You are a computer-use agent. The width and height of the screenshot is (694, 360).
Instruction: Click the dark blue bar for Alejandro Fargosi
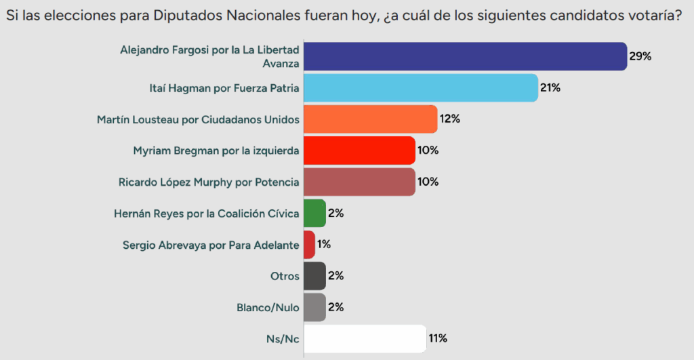[x=464, y=56]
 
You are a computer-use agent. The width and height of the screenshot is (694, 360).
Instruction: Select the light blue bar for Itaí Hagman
[x=420, y=87]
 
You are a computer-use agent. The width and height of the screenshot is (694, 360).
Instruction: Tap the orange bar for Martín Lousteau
[x=369, y=119]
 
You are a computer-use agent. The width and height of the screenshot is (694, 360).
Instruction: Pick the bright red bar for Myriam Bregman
[x=359, y=151]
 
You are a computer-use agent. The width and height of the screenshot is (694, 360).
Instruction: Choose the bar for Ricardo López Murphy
[x=359, y=182]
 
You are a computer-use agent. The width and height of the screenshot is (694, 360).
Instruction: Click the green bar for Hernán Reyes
[x=314, y=213]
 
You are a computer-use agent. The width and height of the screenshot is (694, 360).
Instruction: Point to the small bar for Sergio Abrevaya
[x=309, y=245]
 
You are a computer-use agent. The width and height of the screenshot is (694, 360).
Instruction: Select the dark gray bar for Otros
[x=314, y=276]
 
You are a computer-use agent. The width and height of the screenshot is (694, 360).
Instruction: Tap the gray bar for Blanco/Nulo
[x=314, y=307]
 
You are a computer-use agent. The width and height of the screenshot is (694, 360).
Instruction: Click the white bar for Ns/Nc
[x=365, y=338]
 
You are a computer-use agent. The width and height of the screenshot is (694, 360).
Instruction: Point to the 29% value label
[x=640, y=56]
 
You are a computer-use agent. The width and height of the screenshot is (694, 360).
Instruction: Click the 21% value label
[x=550, y=87]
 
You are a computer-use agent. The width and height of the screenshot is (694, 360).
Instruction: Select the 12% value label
[x=449, y=119]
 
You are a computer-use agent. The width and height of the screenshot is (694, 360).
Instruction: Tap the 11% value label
[x=438, y=338]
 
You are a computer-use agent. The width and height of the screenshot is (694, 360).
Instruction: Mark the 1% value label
[x=323, y=245]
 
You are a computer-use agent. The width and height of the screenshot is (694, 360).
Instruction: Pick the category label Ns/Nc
[x=283, y=338]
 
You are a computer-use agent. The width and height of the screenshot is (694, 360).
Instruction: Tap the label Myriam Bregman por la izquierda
[x=216, y=151]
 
